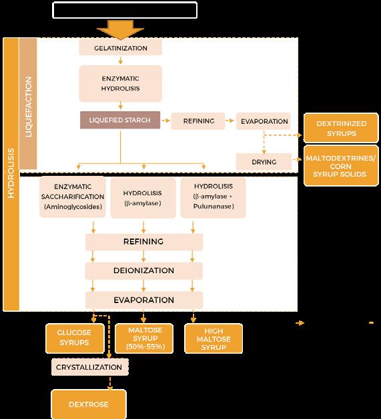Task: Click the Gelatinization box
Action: [x=121, y=48]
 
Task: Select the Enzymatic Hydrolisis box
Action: [x=121, y=83]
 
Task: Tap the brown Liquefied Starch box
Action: [x=120, y=120]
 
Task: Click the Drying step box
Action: [x=264, y=162]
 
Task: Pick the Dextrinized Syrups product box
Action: [x=341, y=129]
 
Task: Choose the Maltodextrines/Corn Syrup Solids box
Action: [x=341, y=166]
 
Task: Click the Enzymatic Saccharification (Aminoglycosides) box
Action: [x=73, y=197]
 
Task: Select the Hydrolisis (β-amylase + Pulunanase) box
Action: [x=213, y=197]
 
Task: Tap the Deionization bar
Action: [x=143, y=270]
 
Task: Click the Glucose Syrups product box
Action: [x=75, y=338]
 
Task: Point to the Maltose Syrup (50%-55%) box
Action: [x=144, y=338]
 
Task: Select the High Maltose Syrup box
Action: [x=214, y=339]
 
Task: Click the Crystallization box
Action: [x=89, y=367]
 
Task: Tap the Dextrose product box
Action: [x=89, y=404]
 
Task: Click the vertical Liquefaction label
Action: [x=28, y=107]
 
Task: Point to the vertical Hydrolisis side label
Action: [x=11, y=173]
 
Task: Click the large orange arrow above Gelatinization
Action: [x=121, y=30]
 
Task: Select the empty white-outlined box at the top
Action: [x=125, y=10]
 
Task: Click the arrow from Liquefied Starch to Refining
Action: [x=166, y=121]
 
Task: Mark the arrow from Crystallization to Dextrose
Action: [x=110, y=382]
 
